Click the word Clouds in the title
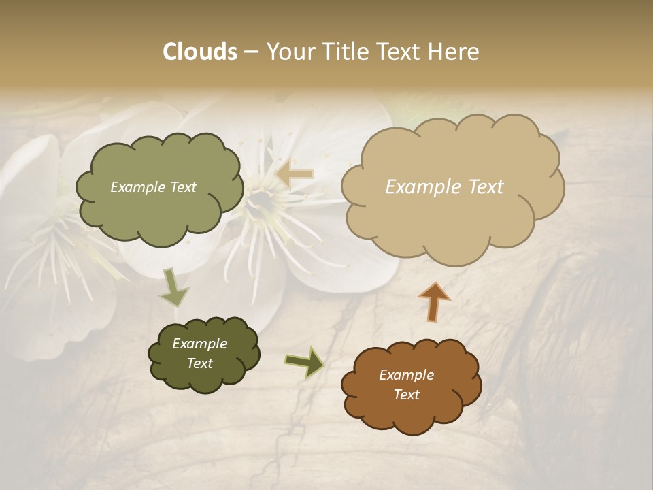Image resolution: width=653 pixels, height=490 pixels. point(199,52)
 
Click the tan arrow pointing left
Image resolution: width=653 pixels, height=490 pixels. point(295,174)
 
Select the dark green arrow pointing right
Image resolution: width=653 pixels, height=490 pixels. point(305,361)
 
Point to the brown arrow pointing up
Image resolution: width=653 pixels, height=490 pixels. point(434,301)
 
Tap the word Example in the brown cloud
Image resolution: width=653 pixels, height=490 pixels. point(406,375)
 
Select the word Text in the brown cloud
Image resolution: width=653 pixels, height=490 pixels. point(406,395)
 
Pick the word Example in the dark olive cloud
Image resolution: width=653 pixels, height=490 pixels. point(199,344)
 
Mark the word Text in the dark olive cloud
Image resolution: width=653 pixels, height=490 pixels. point(199,363)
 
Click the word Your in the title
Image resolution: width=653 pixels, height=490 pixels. point(288,52)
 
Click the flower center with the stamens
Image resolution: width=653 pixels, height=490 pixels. point(262,197)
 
